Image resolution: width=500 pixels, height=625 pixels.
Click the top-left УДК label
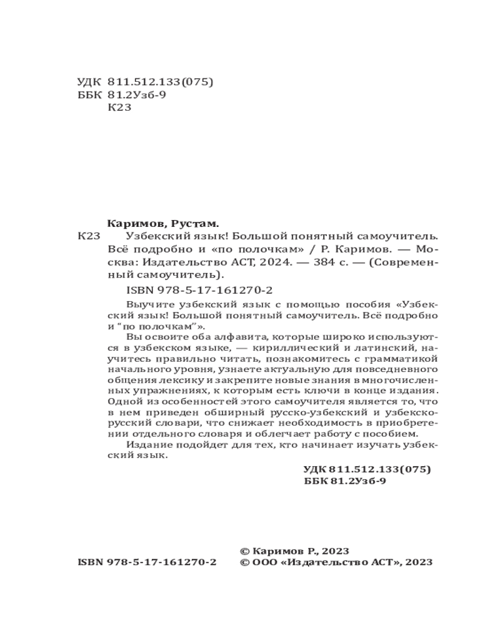pyautogui.click(x=88, y=82)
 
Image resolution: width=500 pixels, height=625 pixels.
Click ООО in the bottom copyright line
pyautogui.click(x=265, y=562)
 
